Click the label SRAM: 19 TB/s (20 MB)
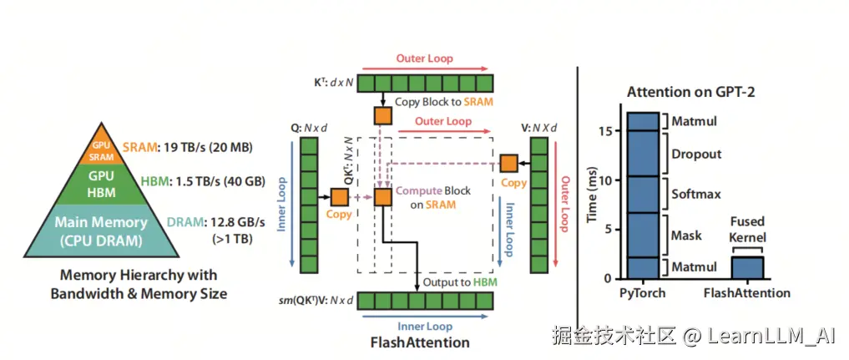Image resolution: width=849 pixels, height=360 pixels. (x=188, y=148)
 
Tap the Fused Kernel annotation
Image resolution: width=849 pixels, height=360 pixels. (x=747, y=231)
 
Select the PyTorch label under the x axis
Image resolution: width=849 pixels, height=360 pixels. (x=644, y=293)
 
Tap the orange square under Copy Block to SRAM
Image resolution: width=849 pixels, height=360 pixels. (x=382, y=115)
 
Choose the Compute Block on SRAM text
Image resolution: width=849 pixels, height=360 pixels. (x=433, y=197)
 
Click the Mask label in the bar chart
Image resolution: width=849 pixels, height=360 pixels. (x=687, y=236)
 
